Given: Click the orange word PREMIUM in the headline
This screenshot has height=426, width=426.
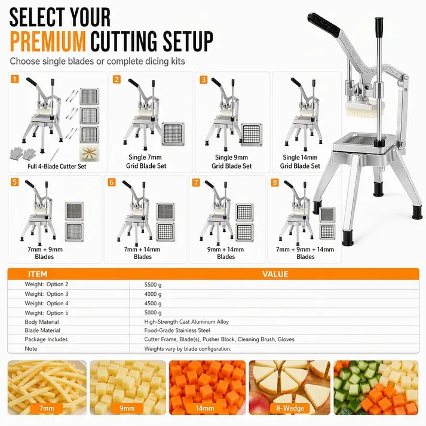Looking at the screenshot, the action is tap(48, 41).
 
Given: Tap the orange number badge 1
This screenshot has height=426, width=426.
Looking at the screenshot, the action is tap(15, 79).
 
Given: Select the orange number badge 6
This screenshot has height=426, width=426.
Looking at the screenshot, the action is tap(111, 182).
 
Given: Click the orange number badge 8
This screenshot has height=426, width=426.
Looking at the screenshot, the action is tap(275, 182).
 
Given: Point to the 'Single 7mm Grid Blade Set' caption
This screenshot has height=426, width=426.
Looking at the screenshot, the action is tap(146, 161).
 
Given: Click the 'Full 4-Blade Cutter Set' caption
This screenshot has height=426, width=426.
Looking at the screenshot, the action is tap(57, 166).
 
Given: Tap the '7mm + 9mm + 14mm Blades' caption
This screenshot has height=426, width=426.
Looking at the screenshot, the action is tap(305, 253).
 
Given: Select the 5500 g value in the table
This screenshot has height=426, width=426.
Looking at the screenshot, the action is tap(153, 285).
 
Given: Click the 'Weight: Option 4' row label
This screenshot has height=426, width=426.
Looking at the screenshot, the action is tap(47, 303).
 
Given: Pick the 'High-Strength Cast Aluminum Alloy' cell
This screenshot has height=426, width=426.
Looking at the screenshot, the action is tap(186, 321).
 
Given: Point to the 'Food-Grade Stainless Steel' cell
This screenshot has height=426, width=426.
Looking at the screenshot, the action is tap(177, 330).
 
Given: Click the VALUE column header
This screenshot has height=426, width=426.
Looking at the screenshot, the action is tap(275, 274).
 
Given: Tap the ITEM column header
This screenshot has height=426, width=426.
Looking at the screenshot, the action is tap(38, 274).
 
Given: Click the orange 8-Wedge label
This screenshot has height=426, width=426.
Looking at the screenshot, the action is tap(290, 408).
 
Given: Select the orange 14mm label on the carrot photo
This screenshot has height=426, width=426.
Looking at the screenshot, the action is tap(205, 408).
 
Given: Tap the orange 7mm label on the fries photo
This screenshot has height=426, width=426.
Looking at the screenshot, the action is tap(47, 408).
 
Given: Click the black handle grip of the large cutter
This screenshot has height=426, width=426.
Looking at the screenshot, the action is tap(324, 24).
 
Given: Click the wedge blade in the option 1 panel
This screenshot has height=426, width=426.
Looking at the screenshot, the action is tap(90, 153).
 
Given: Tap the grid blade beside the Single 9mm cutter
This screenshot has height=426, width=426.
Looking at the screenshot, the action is tap(252, 135).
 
